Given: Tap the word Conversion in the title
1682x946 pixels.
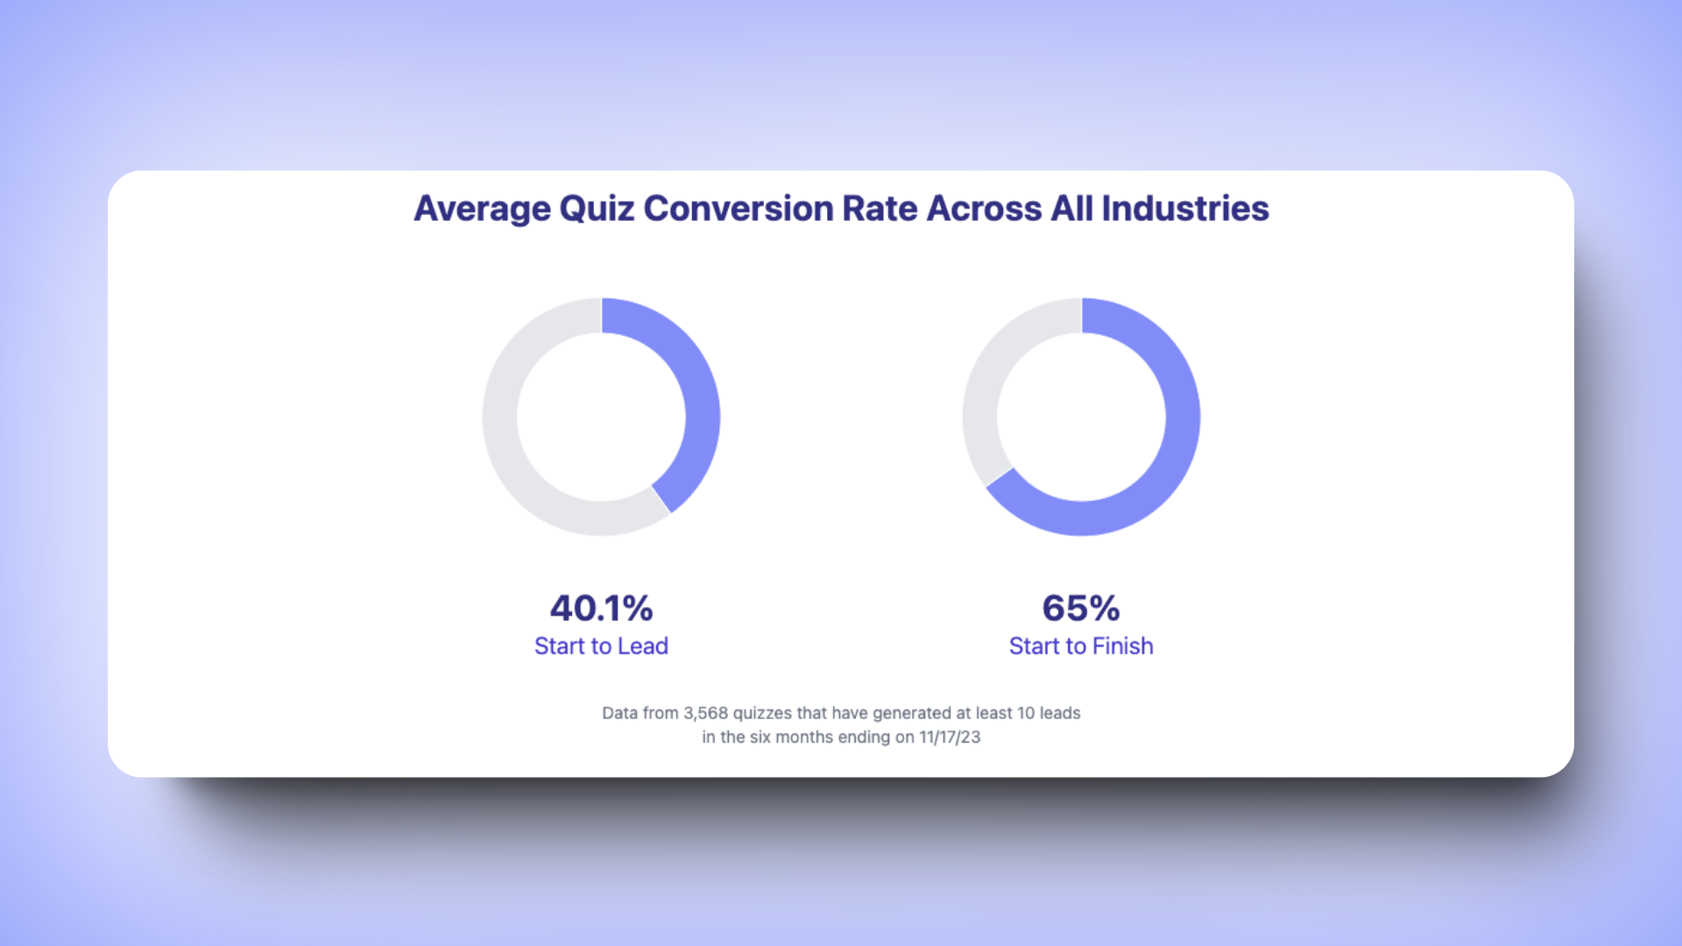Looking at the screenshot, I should [738, 209].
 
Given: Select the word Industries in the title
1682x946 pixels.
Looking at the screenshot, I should [1184, 209].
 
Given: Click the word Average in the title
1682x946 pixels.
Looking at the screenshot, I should [482, 209].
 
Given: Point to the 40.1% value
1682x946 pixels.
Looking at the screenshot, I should [601, 608].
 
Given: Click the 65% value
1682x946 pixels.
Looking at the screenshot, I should [1081, 608].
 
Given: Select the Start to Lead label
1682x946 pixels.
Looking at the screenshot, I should [601, 646].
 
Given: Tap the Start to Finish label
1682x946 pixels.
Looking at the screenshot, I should [1081, 646].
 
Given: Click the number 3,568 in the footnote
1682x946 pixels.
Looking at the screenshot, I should [705, 713].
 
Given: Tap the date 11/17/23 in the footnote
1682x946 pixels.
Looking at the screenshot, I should [950, 738].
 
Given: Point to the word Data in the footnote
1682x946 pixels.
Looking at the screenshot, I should [619, 713].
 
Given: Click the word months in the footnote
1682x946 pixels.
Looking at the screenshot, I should [804, 738].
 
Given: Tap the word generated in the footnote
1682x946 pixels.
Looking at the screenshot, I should [912, 713].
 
